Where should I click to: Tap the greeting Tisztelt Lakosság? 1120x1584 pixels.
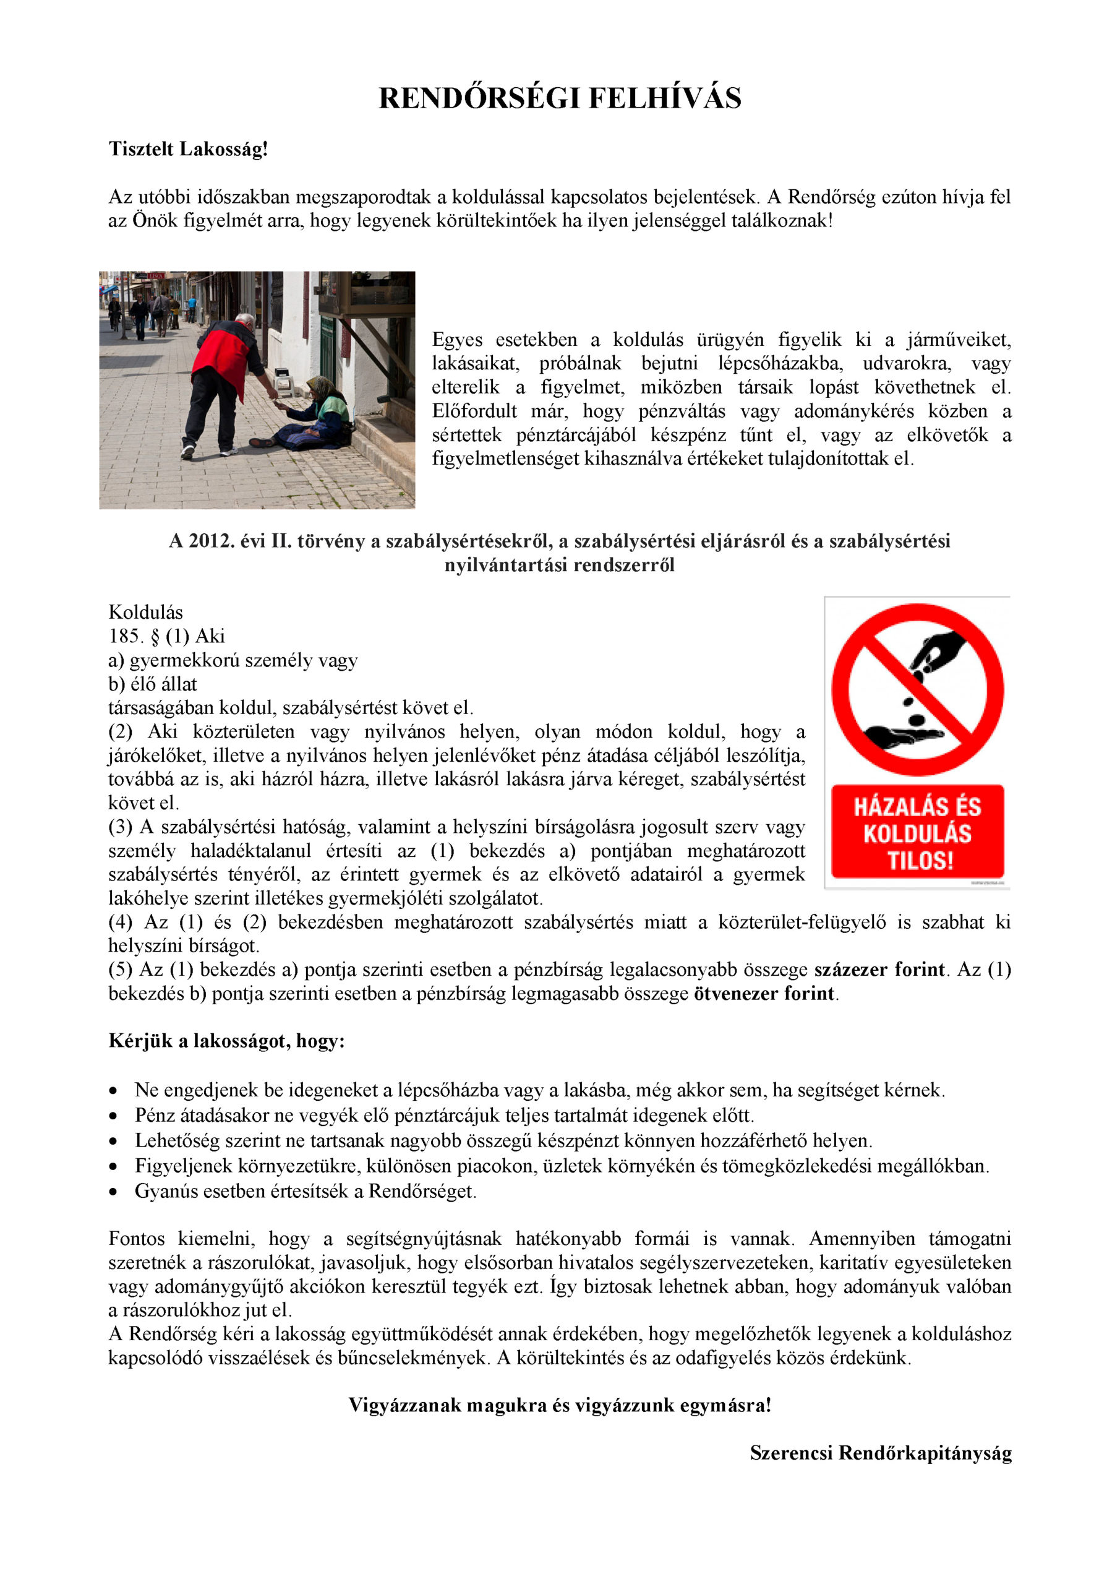tap(187, 149)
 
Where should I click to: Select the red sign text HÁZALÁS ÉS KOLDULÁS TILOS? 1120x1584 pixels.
tap(917, 833)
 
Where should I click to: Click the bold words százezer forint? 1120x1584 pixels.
tap(879, 970)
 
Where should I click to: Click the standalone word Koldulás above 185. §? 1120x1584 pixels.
tap(145, 613)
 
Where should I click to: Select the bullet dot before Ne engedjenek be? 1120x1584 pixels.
tap(113, 1091)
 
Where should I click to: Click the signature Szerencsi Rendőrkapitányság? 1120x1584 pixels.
tap(880, 1453)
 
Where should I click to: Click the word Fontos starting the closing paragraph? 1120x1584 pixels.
tap(136, 1238)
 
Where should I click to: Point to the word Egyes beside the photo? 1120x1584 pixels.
tap(456, 340)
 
